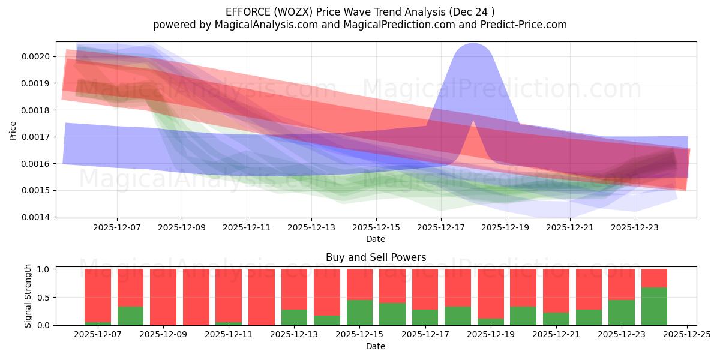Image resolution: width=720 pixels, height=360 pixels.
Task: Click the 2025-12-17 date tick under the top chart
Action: (x=440, y=227)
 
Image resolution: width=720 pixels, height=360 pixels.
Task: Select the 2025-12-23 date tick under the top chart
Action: (x=635, y=227)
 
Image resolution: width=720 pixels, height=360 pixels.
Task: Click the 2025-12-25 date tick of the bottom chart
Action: (x=686, y=335)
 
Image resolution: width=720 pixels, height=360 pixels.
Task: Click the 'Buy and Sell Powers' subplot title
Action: (x=376, y=257)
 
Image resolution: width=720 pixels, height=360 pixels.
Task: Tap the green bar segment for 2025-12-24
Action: (x=654, y=306)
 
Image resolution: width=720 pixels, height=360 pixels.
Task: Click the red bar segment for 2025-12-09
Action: (x=163, y=296)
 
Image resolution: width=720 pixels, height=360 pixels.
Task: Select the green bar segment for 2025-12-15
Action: (x=359, y=312)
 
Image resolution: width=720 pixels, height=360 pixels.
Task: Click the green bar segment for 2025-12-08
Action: (x=130, y=316)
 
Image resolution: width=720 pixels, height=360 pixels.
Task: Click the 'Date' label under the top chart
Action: (x=376, y=239)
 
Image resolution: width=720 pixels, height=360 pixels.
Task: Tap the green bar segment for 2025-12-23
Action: (x=621, y=312)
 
